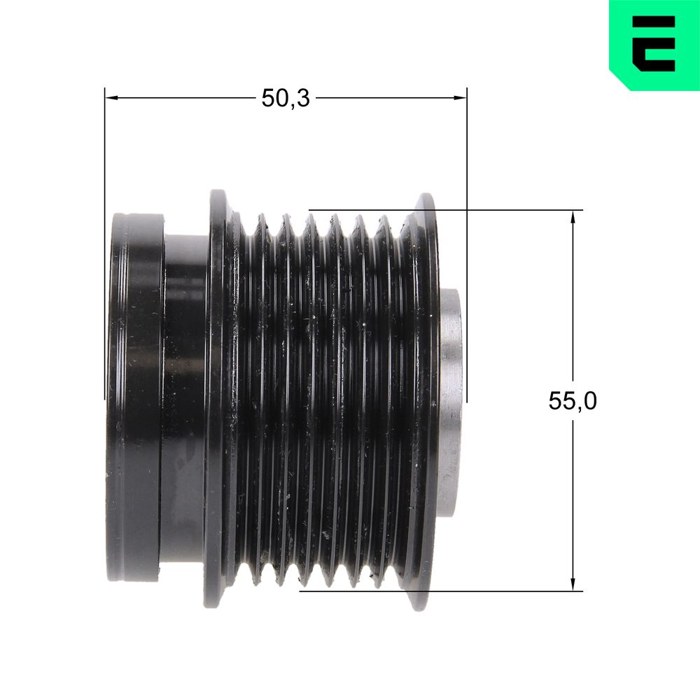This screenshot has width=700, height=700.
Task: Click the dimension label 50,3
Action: (x=286, y=98)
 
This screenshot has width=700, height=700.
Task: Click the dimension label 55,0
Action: (x=573, y=400)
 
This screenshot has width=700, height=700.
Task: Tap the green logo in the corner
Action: (x=654, y=45)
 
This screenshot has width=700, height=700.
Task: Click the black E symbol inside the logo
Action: (x=654, y=43)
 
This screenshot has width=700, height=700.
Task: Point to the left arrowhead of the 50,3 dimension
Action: (x=111, y=97)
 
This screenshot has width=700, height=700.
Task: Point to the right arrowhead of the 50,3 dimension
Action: (x=461, y=97)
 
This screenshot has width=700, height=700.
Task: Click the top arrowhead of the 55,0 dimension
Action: (x=573, y=217)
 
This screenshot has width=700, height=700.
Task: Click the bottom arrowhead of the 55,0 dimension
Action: (x=573, y=584)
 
